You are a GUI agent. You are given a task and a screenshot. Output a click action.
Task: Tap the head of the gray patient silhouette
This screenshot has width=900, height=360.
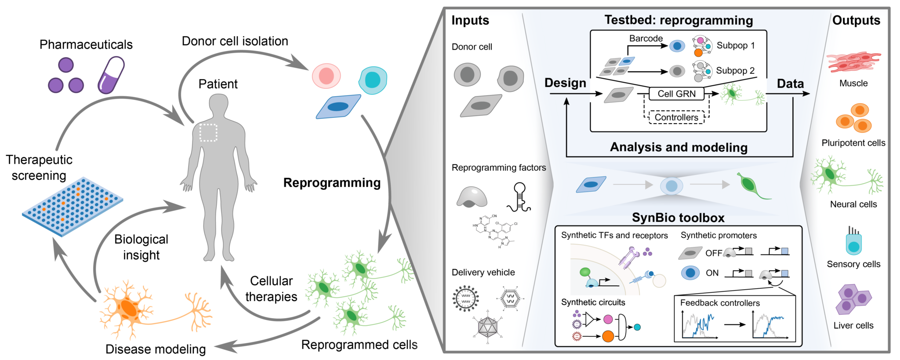pos(218,105)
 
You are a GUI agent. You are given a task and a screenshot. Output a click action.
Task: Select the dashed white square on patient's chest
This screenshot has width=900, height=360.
pos(208,132)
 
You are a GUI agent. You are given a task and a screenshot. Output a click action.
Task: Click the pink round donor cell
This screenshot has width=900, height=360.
pos(326,76)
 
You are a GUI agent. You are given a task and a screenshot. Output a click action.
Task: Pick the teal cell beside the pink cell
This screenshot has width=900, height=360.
pos(373,80)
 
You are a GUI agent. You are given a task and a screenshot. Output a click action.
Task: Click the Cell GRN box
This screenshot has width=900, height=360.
pos(676,94)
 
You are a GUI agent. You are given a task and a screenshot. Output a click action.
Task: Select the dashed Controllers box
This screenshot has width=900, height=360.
pos(676,117)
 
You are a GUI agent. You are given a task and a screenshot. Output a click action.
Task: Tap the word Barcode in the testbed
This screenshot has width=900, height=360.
pos(646,38)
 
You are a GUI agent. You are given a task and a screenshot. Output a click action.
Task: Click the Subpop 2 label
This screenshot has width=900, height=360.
pos(735,70)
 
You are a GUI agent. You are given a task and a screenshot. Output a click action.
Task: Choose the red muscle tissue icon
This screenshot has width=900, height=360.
pos(853,62)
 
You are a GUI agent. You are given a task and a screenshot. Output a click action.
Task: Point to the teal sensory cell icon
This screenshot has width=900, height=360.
pos(853,243)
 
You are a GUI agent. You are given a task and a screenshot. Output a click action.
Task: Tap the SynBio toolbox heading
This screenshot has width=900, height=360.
pos(678,218)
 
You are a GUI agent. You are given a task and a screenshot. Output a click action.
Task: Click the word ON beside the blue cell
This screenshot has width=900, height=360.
pos(712,273)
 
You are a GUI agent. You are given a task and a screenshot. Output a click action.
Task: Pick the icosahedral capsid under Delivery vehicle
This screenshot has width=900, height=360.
pos(487,327)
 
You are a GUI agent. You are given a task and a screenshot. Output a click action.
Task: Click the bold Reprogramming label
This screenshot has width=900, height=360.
pos(332,183)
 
